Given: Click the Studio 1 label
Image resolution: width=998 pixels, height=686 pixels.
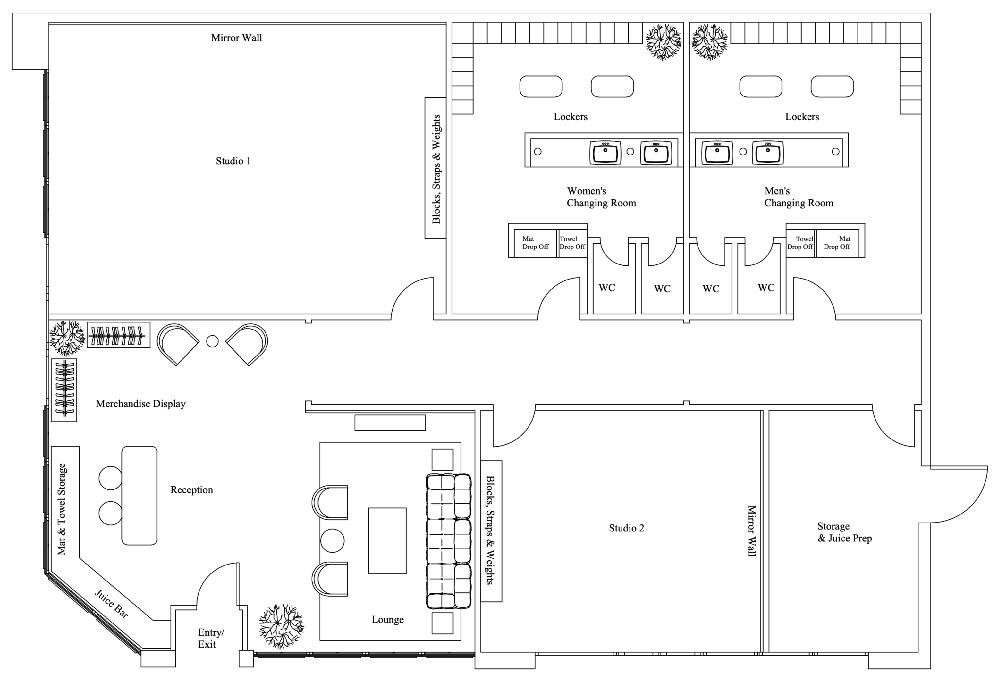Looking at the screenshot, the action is (233, 161).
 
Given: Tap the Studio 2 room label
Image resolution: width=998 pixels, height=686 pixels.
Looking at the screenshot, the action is (627, 528).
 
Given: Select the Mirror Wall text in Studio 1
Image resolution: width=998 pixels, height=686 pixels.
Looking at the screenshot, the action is (236, 38).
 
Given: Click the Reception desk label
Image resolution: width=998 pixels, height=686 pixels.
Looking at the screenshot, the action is (192, 490).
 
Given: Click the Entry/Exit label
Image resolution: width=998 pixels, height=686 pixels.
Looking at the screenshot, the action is (211, 638).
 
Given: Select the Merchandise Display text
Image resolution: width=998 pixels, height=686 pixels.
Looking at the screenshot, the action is (140, 404).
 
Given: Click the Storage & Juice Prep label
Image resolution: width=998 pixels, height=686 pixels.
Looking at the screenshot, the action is (844, 532).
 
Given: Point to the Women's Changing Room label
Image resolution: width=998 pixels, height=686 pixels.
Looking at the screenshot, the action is (601, 197).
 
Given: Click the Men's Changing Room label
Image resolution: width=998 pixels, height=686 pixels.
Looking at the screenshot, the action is (799, 197).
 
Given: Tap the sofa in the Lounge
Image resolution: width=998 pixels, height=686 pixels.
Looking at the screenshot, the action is (448, 541).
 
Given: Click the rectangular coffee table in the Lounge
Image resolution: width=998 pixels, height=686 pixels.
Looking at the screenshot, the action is (387, 541).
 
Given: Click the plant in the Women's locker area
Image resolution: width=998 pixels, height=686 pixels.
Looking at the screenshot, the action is (664, 42).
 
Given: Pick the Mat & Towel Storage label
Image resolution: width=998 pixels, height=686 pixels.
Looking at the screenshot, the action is (62, 509).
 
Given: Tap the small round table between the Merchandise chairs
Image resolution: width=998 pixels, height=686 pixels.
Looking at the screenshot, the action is (212, 341).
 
